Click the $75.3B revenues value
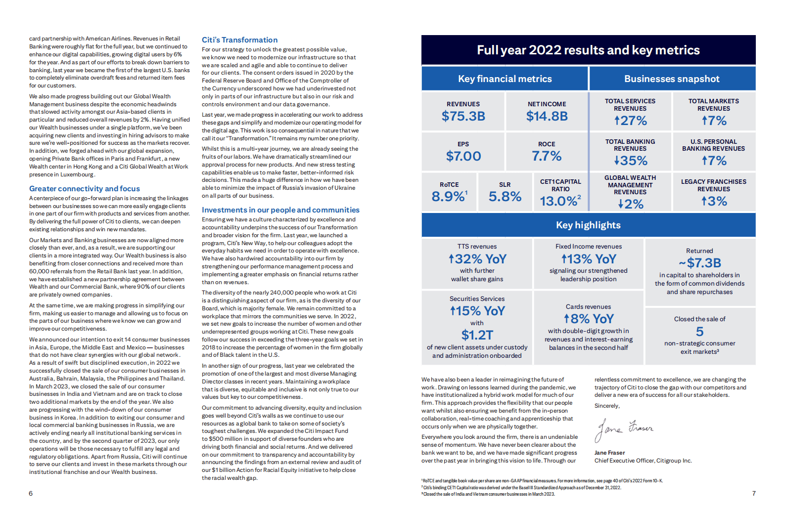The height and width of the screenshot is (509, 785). tap(463, 116)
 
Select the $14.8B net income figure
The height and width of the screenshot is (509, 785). tap(547, 116)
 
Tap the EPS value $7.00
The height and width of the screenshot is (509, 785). tap(463, 156)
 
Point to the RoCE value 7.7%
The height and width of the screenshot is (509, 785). tap(547, 156)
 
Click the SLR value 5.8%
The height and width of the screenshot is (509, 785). tap(505, 197)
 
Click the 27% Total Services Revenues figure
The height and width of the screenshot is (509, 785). tap(630, 121)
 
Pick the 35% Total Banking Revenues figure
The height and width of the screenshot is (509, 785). tap(630, 161)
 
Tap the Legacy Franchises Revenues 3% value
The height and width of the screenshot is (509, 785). tap(714, 201)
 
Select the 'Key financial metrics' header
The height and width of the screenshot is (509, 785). tap(505, 79)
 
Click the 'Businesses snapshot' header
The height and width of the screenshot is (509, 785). tap(672, 79)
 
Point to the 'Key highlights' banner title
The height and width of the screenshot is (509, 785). tap(588, 225)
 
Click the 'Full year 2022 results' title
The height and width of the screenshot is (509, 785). tap(588, 50)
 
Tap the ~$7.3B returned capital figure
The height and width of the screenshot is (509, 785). tap(699, 263)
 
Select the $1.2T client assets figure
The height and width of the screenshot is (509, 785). tap(477, 335)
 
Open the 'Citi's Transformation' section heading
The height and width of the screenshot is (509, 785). tap(239, 40)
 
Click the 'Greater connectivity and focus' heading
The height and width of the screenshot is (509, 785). tap(85, 189)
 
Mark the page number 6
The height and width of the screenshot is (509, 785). tap(31, 493)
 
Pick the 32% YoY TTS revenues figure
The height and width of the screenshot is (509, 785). tap(477, 259)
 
